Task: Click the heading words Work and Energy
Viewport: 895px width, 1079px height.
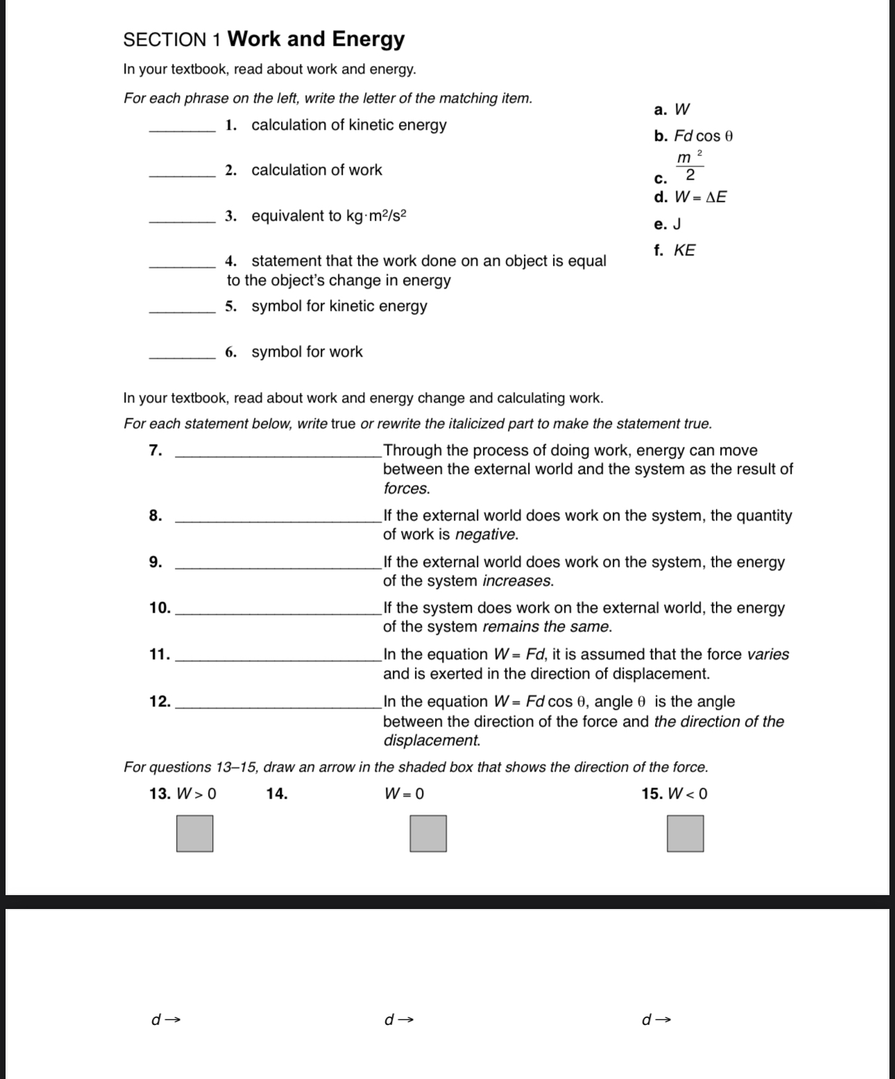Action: coord(316,39)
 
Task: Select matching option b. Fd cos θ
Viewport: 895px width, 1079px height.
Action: coord(694,136)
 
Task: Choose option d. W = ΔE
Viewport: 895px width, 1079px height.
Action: coord(691,197)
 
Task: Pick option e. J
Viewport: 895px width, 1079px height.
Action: coord(667,224)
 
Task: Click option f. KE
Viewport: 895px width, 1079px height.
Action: coord(674,250)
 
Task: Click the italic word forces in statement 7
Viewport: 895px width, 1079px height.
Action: coord(406,488)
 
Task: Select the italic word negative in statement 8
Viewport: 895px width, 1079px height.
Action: coord(486,535)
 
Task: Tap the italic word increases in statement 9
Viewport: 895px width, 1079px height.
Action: coord(518,581)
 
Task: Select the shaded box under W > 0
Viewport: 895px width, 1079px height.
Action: coord(194,833)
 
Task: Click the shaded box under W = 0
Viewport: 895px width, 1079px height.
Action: coord(427,833)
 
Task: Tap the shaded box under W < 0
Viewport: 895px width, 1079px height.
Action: coord(685,833)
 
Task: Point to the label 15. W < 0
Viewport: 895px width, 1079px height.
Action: coord(674,794)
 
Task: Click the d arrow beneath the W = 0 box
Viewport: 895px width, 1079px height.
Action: coord(399,1019)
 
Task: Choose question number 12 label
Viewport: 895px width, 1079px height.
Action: coord(160,702)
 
